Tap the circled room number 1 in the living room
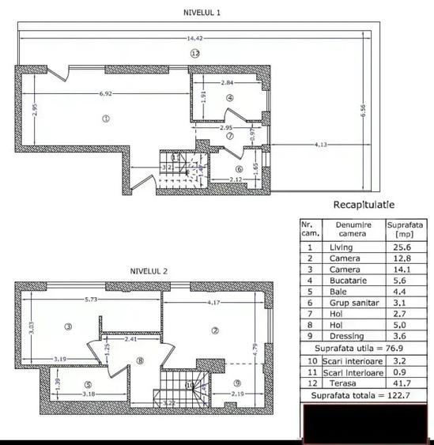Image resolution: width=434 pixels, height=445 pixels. (104, 119)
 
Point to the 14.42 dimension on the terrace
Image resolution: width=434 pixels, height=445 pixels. (195, 38)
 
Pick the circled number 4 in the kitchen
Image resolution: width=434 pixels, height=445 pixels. (229, 98)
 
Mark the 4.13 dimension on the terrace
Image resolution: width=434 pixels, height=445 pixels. (321, 144)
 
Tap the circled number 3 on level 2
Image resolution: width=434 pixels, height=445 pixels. (69, 326)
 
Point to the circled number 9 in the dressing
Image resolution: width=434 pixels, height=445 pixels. (236, 383)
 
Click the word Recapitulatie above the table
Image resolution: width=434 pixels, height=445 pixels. (364, 204)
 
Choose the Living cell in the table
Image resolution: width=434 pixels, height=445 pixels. (341, 247)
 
